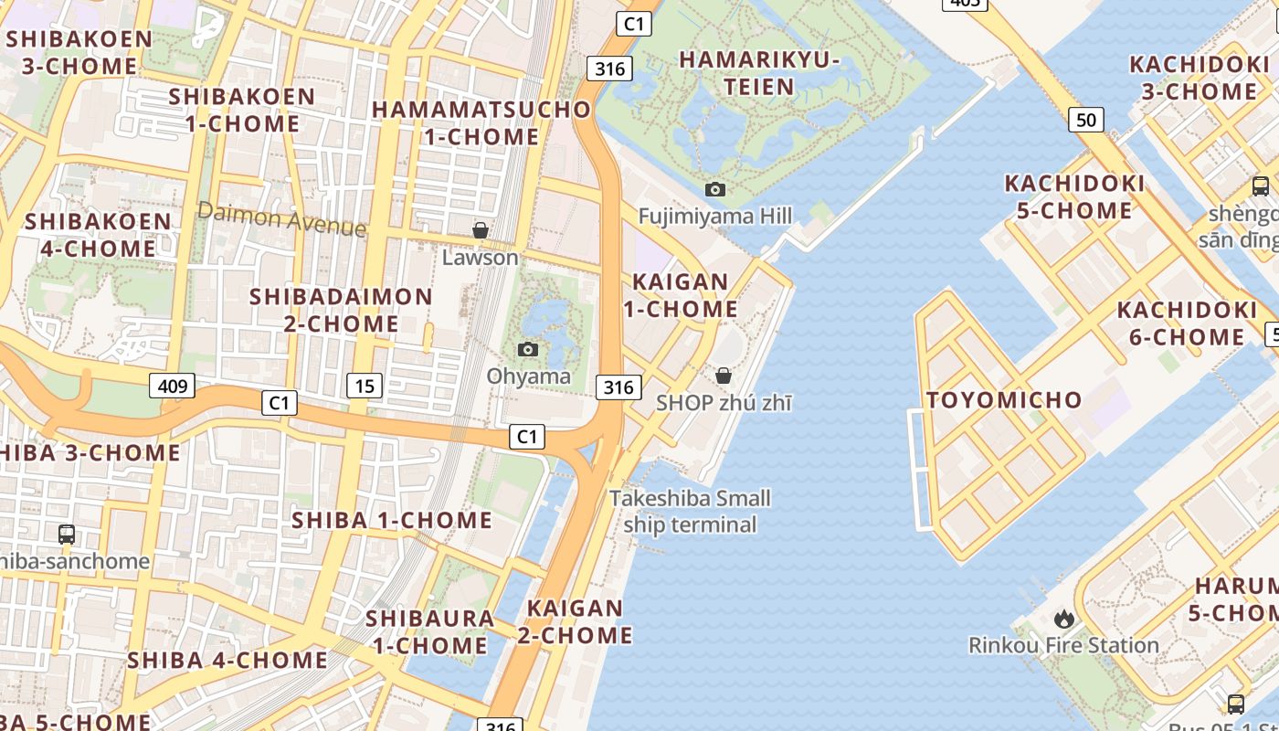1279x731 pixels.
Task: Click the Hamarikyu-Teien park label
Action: [759, 73]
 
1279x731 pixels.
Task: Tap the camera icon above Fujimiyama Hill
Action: [715, 189]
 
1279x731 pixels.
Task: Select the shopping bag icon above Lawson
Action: [480, 230]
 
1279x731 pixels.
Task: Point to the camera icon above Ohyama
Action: [528, 349]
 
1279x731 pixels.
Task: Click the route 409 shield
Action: [173, 386]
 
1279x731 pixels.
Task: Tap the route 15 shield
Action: [364, 386]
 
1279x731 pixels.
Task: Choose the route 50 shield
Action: [1085, 120]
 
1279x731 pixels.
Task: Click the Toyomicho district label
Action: [1003, 400]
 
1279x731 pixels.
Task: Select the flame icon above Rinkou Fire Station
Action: [1063, 619]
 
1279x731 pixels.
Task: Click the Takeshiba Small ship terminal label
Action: [690, 512]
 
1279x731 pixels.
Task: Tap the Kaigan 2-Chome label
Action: [576, 621]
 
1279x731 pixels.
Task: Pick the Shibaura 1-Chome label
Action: [429, 631]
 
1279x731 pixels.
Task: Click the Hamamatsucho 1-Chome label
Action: [481, 122]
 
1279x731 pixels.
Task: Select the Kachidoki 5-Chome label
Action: [1074, 196]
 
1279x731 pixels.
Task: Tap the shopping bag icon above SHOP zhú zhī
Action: [724, 376]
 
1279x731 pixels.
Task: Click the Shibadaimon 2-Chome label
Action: [341, 310]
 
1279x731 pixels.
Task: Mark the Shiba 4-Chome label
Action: [227, 660]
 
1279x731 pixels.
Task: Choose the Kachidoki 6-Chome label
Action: [1187, 323]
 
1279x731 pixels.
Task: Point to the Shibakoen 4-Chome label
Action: [98, 235]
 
